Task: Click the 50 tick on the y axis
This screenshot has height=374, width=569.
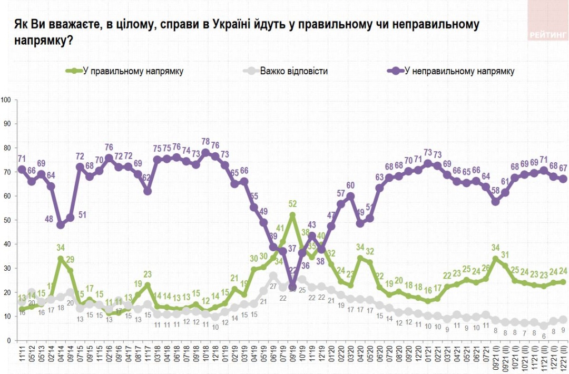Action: pyautogui.click(x=7, y=220)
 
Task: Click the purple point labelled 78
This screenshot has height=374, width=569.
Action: pyautogui.click(x=205, y=153)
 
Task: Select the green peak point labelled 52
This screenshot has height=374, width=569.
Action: pyautogui.click(x=292, y=215)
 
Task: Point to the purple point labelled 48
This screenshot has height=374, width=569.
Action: pyautogui.click(x=61, y=225)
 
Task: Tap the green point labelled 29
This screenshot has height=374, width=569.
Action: pyautogui.click(x=70, y=271)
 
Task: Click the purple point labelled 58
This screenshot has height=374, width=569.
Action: pyautogui.click(x=495, y=201)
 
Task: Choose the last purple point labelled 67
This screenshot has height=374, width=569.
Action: pyautogui.click(x=563, y=179)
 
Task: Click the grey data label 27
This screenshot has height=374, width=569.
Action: pyautogui.click(x=273, y=286)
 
